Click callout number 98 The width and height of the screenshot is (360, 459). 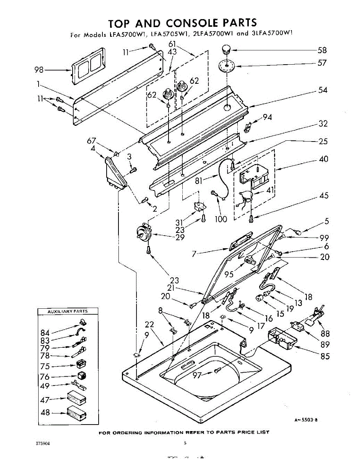click(x=39, y=70)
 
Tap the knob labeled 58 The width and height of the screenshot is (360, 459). click(x=227, y=49)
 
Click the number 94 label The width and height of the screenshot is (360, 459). click(x=267, y=117)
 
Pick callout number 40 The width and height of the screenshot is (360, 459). click(x=323, y=159)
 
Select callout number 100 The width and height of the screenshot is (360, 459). click(x=221, y=219)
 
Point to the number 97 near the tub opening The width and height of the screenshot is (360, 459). click(x=198, y=376)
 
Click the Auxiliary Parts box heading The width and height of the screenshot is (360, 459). click(x=67, y=311)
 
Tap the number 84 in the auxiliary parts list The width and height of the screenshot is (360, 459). click(x=45, y=332)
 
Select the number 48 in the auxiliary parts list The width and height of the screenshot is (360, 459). click(x=45, y=413)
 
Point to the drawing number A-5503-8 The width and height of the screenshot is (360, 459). click(x=306, y=420)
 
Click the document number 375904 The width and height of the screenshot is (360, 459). click(x=42, y=444)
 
